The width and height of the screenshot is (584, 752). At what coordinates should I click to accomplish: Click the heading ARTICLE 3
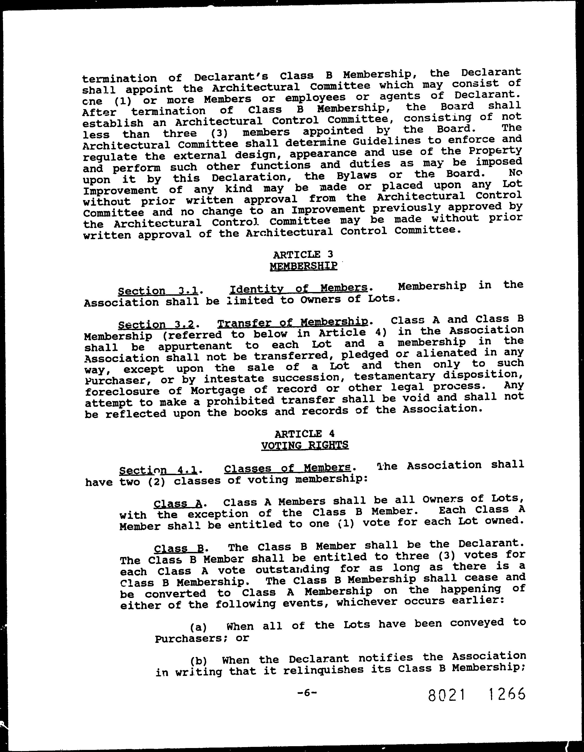[303, 255]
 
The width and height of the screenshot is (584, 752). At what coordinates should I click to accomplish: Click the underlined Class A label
[178, 504]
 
